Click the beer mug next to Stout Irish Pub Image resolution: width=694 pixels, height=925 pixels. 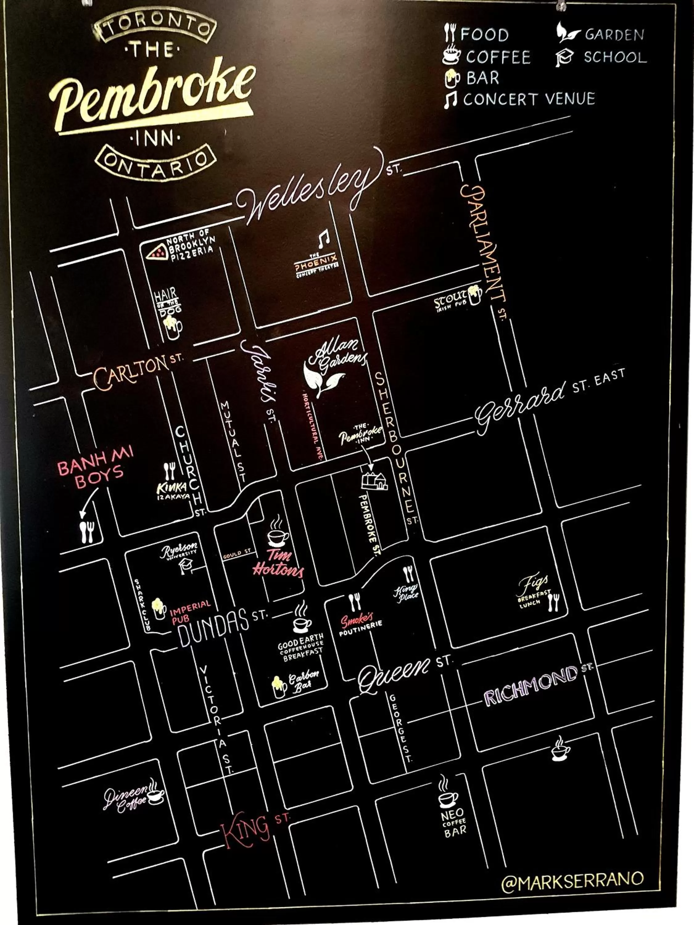click(x=475, y=294)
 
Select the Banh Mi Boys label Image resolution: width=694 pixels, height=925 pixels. click(x=95, y=466)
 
